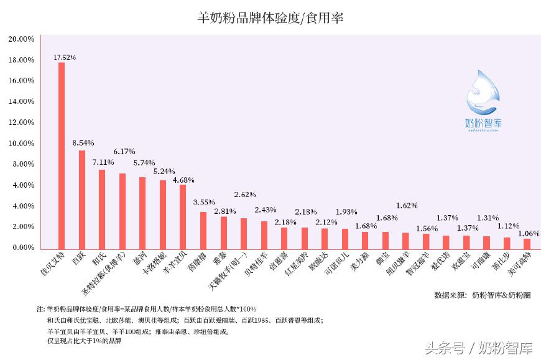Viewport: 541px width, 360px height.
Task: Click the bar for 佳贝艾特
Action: (x=62, y=155)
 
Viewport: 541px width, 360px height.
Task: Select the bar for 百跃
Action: (x=81, y=199)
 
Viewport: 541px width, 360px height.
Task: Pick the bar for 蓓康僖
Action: (x=203, y=229)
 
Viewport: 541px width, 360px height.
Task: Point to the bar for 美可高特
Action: (x=527, y=243)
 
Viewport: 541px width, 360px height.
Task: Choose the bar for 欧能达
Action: (x=324, y=238)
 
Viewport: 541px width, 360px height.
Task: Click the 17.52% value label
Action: (x=65, y=57)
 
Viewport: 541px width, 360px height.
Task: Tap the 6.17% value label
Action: (x=124, y=151)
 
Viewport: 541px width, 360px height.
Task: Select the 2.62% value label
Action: (x=245, y=194)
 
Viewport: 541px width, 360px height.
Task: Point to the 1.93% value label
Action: (x=346, y=211)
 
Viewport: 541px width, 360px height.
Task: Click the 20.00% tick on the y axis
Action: (x=21, y=39)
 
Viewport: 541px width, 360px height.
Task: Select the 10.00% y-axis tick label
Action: (x=21, y=143)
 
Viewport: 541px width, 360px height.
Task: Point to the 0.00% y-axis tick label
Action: (x=22, y=247)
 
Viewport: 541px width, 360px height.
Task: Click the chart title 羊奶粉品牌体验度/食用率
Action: (x=270, y=18)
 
